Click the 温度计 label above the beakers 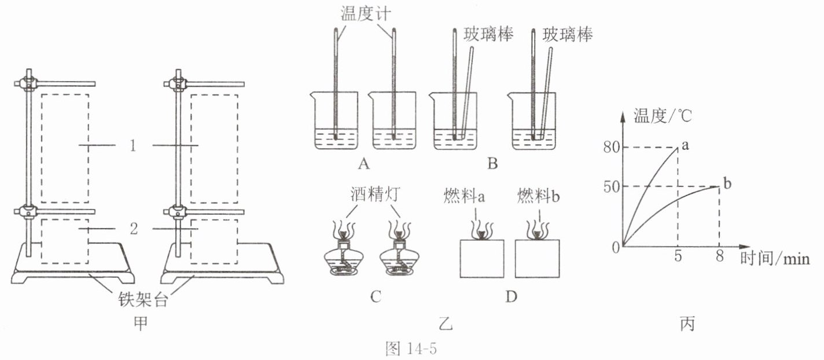click(x=365, y=14)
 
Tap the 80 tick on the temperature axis click(x=612, y=147)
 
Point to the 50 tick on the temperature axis click(x=612, y=187)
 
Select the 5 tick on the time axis click(x=678, y=255)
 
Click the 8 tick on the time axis click(x=719, y=255)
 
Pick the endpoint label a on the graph click(x=685, y=145)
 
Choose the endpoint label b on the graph click(x=727, y=183)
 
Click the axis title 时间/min click(x=775, y=259)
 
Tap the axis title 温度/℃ click(x=662, y=116)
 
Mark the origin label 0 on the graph click(x=616, y=248)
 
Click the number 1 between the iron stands click(x=133, y=146)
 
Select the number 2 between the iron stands click(x=134, y=229)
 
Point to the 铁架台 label click(x=143, y=300)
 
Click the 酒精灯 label click(x=375, y=194)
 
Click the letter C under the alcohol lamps click(x=375, y=297)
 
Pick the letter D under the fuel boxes click(x=512, y=297)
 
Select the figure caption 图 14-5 click(x=411, y=348)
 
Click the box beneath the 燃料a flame click(x=482, y=258)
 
